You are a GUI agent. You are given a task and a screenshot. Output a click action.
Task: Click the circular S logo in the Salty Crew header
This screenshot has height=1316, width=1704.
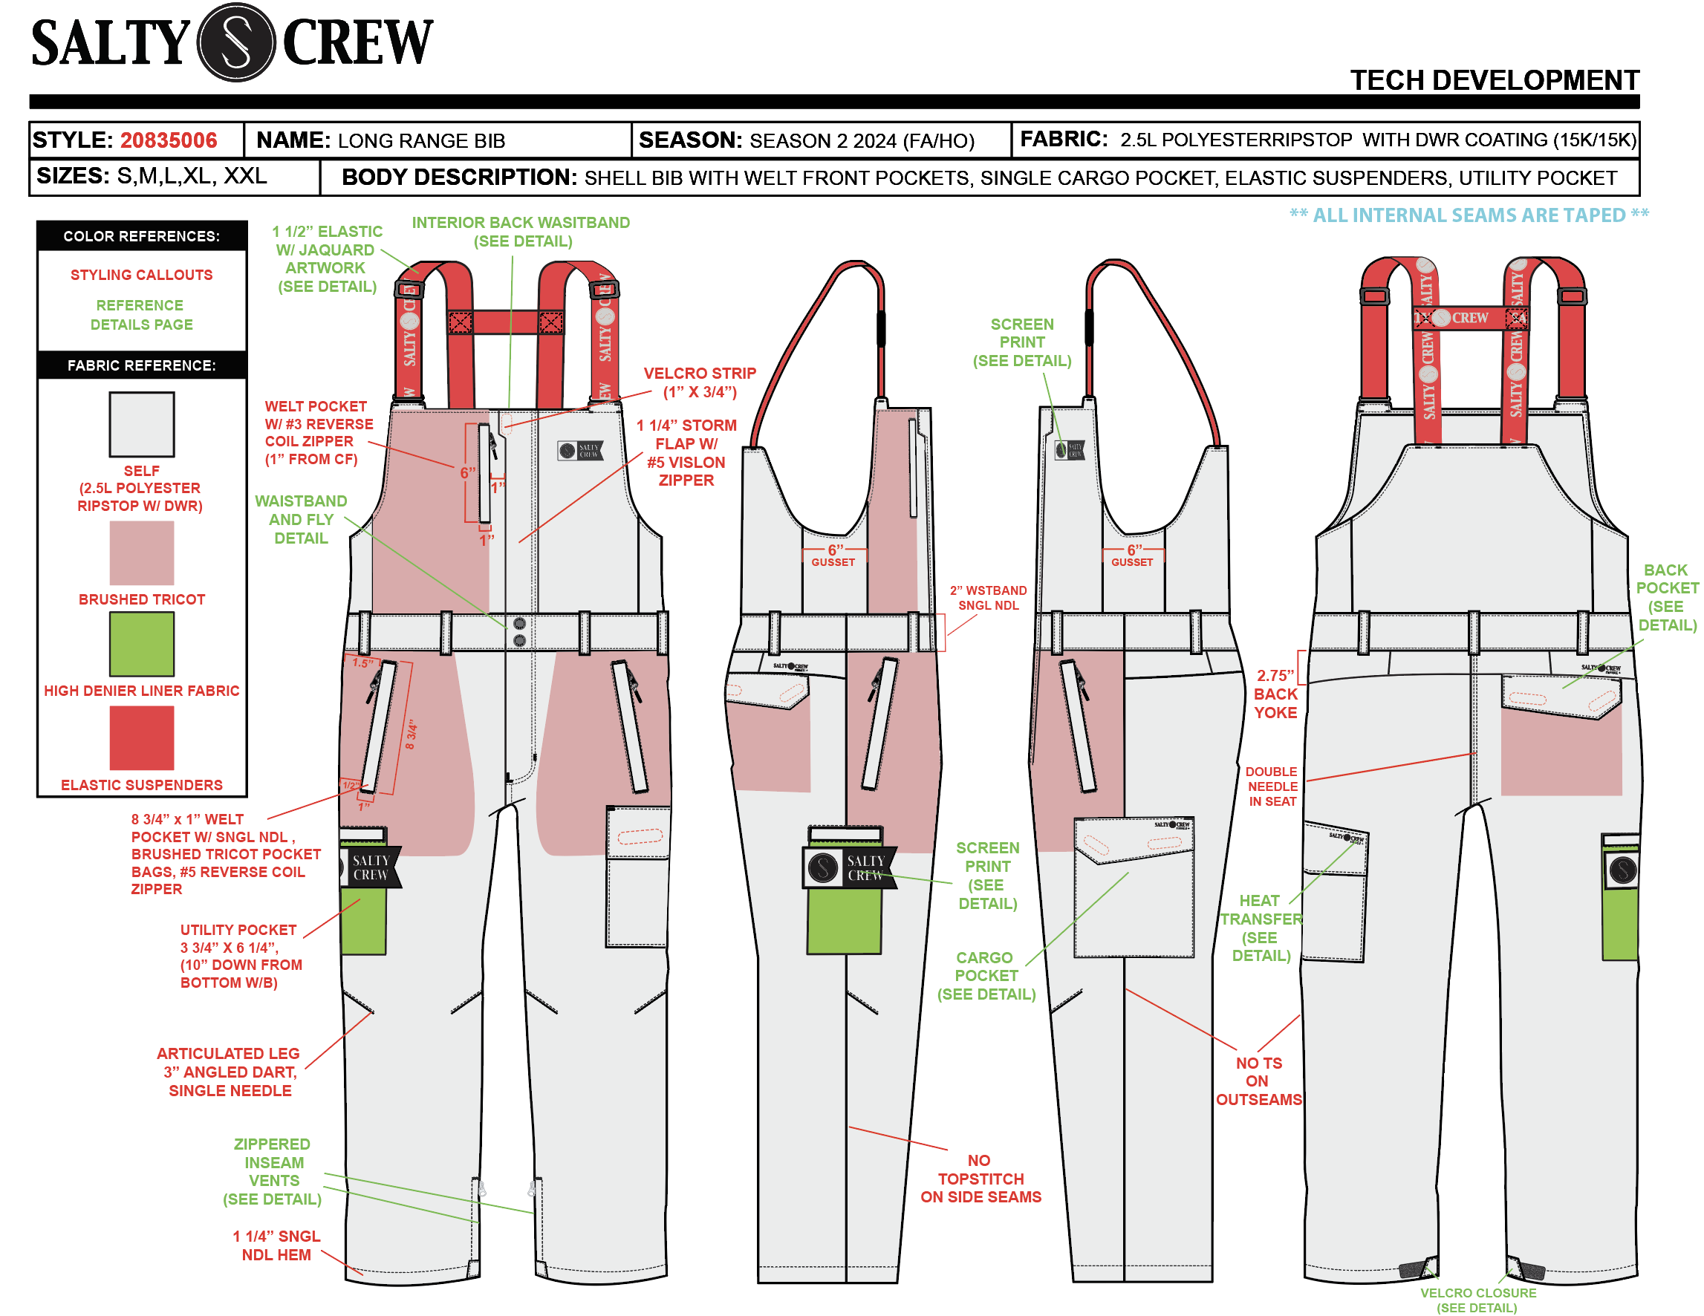[235, 42]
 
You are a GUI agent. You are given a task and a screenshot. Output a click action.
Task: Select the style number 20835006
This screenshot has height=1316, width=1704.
[168, 140]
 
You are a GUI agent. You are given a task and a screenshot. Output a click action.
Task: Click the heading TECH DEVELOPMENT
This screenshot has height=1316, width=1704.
[1493, 80]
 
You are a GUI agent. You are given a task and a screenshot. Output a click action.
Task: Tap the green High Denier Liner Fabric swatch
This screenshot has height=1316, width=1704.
[141, 644]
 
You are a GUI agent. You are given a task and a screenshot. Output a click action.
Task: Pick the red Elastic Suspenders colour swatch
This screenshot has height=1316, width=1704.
[141, 737]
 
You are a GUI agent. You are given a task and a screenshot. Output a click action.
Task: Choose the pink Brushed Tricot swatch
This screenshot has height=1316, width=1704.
[141, 553]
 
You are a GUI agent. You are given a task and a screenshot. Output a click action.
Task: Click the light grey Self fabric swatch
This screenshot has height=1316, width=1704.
[141, 424]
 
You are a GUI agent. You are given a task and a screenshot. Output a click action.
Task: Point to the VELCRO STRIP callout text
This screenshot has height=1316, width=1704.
[699, 382]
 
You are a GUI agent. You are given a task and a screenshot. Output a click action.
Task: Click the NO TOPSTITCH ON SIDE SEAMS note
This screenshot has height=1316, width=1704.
[980, 1178]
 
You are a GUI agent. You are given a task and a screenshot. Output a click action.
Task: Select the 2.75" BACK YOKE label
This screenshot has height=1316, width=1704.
[1275, 694]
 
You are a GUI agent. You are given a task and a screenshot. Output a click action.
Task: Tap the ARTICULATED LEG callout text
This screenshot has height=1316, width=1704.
[229, 1072]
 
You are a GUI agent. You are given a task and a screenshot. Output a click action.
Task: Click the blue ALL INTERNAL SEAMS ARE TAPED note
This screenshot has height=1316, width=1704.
[1469, 215]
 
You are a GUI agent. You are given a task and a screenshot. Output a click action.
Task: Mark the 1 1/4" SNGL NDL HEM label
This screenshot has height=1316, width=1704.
[276, 1245]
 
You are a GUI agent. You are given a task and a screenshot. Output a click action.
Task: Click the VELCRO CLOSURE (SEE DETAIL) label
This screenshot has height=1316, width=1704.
[1477, 1300]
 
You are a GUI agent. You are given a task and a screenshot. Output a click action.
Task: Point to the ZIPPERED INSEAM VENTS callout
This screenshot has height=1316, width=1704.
[273, 1171]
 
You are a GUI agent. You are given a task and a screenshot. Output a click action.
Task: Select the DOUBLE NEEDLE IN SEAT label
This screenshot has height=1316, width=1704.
[1271, 786]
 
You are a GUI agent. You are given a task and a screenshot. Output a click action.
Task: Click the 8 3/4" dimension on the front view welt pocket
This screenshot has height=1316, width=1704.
[412, 734]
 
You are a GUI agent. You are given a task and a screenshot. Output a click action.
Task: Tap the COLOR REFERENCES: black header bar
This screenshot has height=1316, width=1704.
[141, 236]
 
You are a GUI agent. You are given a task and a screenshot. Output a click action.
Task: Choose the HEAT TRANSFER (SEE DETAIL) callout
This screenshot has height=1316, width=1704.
[1261, 928]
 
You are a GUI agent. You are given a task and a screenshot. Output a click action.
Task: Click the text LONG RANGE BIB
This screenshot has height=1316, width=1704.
[421, 141]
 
